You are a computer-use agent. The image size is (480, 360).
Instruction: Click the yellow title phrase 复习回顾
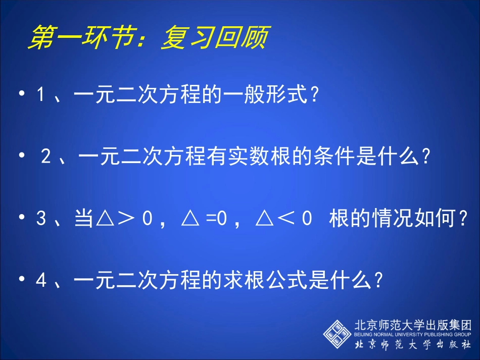coord(213,39)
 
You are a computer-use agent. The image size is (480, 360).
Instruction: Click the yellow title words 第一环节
coord(81,39)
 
